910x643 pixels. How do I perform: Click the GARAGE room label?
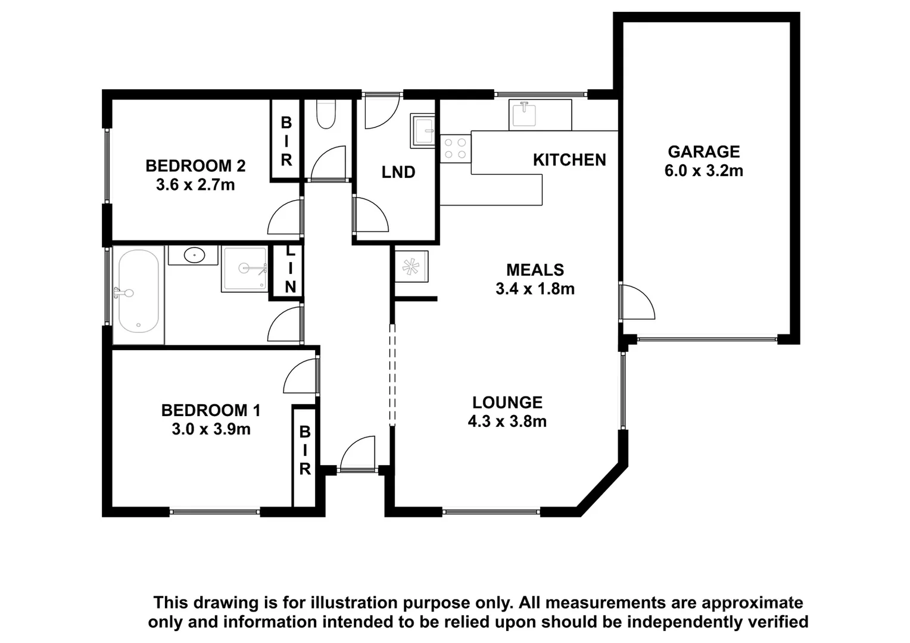(703, 152)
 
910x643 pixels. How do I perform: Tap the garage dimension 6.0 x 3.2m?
(703, 171)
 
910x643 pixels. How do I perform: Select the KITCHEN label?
(569, 160)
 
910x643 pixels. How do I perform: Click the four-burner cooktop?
(456, 148)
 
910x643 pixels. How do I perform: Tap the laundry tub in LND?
(423, 131)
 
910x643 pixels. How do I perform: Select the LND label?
(398, 173)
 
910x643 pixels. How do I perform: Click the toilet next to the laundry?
(326, 114)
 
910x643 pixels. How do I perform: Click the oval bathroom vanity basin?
(194, 256)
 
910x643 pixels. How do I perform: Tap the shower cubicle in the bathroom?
(245, 269)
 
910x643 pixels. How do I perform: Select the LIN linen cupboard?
(289, 271)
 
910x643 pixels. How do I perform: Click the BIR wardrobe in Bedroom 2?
(286, 141)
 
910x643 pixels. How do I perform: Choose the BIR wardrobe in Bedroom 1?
(304, 451)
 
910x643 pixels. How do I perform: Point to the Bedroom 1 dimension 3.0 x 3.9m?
(211, 429)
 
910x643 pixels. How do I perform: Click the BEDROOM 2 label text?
(195, 166)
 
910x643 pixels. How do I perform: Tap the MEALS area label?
(535, 270)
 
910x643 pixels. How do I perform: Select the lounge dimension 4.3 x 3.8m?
(507, 422)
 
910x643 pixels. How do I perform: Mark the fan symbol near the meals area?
(411, 267)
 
